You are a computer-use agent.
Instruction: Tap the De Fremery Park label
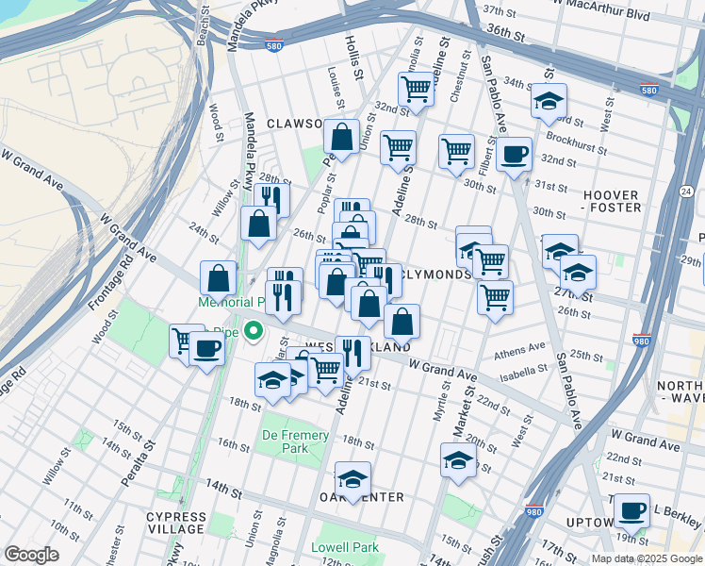pos(296,441)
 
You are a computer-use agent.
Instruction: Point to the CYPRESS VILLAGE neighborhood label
pos(175,524)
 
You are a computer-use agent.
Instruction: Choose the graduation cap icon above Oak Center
pos(353,478)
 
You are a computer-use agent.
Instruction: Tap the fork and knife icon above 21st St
pos(352,353)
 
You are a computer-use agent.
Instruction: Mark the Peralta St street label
pos(134,474)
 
